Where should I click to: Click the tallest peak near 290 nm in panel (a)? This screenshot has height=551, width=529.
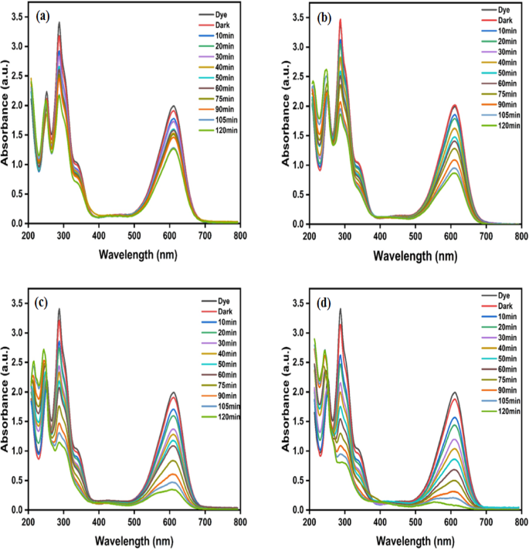(59, 23)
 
